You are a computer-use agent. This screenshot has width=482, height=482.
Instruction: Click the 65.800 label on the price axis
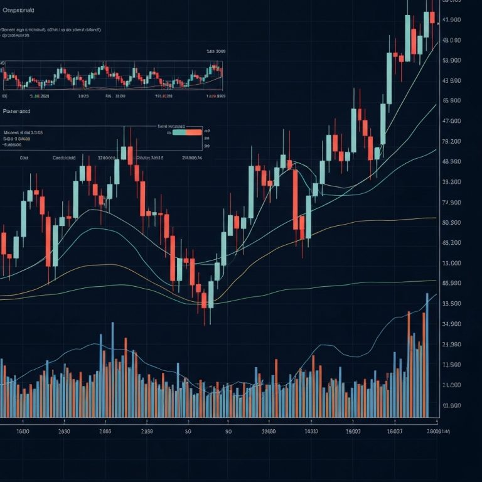click(452, 100)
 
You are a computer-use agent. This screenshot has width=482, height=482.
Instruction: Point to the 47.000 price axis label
click(452, 121)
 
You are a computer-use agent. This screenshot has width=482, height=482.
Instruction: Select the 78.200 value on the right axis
click(452, 142)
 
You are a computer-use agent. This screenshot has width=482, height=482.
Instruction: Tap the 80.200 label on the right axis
click(452, 223)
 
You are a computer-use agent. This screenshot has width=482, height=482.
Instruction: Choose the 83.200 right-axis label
click(452, 243)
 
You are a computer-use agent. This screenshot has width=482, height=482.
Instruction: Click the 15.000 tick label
click(452, 264)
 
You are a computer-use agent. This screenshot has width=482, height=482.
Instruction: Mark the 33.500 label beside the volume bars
click(452, 304)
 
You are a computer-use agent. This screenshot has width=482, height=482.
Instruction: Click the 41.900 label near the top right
click(452, 20)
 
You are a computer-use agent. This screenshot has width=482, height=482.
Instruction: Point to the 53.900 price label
click(452, 61)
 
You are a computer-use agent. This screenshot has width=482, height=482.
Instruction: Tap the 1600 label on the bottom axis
click(23, 432)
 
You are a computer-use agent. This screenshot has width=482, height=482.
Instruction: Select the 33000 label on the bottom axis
click(269, 432)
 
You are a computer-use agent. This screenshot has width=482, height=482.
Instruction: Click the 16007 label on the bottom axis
click(394, 432)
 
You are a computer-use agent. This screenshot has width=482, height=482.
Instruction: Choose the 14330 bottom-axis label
click(311, 432)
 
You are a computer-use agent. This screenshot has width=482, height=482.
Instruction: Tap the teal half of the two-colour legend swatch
click(179, 132)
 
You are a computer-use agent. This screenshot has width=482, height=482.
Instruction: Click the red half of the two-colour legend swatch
click(194, 132)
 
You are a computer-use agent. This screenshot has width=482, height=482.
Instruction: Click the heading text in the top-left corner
click(19, 11)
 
